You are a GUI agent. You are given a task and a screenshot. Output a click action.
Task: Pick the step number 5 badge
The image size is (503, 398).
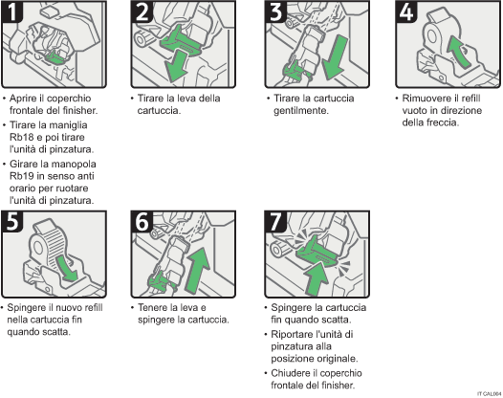(15, 222)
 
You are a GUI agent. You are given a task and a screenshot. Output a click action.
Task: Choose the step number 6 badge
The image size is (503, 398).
(142, 222)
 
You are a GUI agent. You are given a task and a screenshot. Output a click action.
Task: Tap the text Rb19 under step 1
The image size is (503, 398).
(24, 176)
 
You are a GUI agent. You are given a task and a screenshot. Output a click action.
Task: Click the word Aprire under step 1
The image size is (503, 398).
(26, 99)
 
